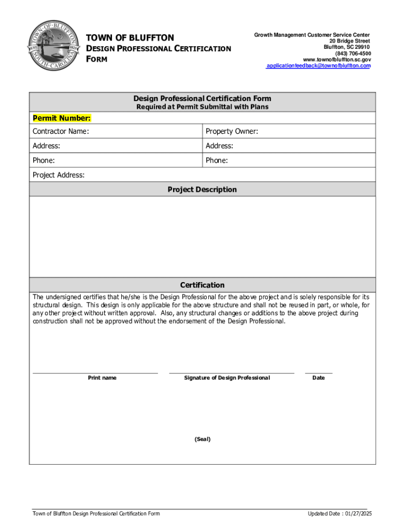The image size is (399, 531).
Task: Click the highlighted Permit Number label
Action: [x=62, y=118]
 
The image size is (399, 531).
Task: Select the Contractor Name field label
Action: [x=61, y=132]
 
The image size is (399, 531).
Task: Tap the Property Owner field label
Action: [x=232, y=132]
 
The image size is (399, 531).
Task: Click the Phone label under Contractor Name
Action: [x=44, y=161]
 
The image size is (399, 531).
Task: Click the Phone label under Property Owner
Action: [x=217, y=161]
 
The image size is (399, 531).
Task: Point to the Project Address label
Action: [x=59, y=175]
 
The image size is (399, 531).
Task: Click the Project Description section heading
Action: [x=202, y=190]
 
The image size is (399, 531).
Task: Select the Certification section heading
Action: [x=202, y=285]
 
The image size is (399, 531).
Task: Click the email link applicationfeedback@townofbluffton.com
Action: [x=318, y=66]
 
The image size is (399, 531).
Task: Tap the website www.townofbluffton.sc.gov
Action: [x=337, y=60]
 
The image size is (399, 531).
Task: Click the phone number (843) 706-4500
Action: [x=353, y=53]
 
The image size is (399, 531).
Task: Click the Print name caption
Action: [x=102, y=378]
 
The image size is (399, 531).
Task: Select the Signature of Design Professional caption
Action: [x=227, y=378]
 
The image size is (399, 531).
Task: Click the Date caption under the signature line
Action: [x=318, y=378]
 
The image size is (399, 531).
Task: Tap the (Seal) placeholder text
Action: [x=203, y=439]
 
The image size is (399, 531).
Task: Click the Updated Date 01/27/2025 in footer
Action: [x=340, y=514]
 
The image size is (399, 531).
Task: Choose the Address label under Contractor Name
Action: [x=46, y=146]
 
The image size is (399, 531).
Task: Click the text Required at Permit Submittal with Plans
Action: [x=202, y=107]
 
